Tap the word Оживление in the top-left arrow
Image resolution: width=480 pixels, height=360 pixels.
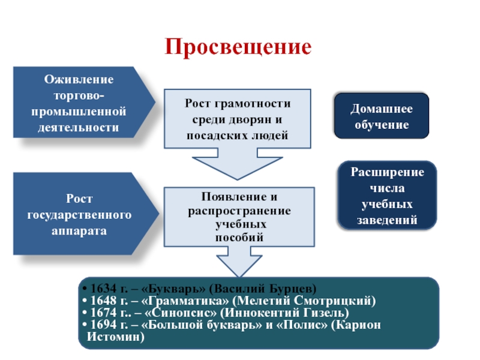point(79,80)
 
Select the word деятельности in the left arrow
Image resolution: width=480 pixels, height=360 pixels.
point(79,127)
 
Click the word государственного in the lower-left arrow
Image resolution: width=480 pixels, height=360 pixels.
point(79,214)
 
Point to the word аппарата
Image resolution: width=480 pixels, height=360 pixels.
point(79,230)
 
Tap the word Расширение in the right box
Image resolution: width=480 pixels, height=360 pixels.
point(388,172)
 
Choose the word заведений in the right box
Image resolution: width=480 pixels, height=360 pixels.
point(388,220)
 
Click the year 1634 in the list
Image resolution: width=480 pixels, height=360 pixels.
point(100,287)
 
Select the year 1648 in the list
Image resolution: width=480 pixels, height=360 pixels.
point(100,299)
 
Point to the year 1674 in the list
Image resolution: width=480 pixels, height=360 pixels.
point(100,312)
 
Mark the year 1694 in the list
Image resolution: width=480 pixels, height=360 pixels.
point(100,325)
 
